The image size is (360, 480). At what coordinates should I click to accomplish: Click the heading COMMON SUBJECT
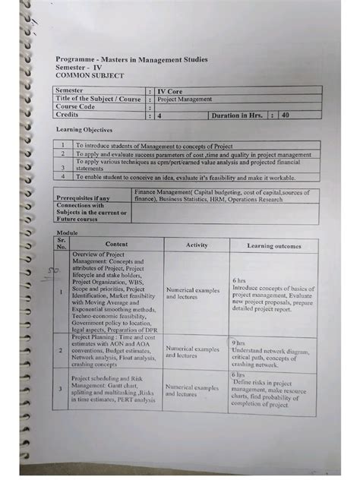(x=90, y=77)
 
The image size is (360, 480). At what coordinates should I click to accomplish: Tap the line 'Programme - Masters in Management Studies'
(x=131, y=59)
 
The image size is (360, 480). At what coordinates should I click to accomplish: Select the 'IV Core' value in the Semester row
(x=170, y=90)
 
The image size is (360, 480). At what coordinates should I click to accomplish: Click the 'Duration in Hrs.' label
(x=241, y=116)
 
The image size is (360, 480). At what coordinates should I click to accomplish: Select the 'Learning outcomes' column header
(x=273, y=245)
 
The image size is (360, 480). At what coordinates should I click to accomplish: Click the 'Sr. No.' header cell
(x=62, y=243)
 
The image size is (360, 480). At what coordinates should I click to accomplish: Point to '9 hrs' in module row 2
(x=239, y=343)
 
